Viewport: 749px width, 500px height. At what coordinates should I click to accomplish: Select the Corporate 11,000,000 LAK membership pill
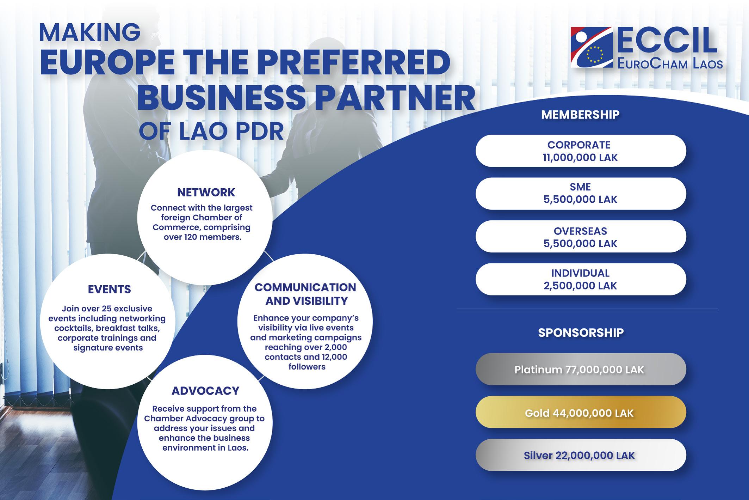(x=581, y=151)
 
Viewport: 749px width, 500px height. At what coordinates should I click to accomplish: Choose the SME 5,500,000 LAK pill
(x=581, y=193)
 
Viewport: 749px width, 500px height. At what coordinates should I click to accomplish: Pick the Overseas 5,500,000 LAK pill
(x=581, y=237)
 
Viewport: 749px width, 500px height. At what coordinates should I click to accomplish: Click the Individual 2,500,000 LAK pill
(x=581, y=279)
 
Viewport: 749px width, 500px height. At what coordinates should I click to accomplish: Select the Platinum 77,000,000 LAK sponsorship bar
(x=581, y=370)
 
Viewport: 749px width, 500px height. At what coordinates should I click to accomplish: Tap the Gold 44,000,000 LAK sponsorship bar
(x=581, y=413)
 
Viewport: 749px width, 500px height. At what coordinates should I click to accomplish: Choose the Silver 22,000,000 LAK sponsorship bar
(x=581, y=455)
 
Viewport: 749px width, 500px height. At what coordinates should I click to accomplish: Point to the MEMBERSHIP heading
(x=580, y=115)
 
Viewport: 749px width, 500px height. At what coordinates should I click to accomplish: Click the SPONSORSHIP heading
(x=581, y=333)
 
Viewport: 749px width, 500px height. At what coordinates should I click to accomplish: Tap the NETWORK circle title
(x=206, y=192)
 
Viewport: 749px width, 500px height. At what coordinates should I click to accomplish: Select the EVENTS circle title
(x=109, y=289)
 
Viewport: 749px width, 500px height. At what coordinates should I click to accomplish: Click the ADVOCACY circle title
(x=205, y=391)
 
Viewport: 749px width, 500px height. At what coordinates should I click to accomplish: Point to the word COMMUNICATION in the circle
(x=305, y=287)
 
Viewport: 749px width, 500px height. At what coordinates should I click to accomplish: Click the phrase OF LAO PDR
(x=211, y=132)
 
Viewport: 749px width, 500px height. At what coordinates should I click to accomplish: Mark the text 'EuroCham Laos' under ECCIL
(x=670, y=64)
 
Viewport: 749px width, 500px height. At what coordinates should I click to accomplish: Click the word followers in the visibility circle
(x=307, y=367)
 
